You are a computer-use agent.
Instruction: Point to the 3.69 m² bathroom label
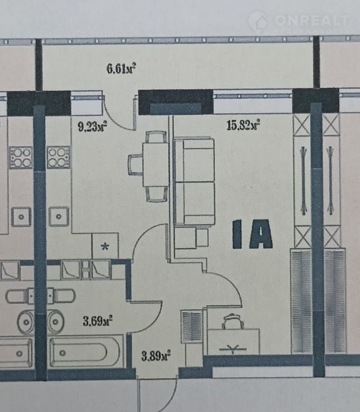coord(97,321)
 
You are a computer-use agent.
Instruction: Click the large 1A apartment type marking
coord(253,235)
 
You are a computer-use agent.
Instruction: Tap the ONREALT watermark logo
coord(299,22)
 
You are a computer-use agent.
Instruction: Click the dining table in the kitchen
coord(155,164)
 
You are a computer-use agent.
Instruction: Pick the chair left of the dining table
coord(135,165)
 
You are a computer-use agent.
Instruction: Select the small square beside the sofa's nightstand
coord(202,238)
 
